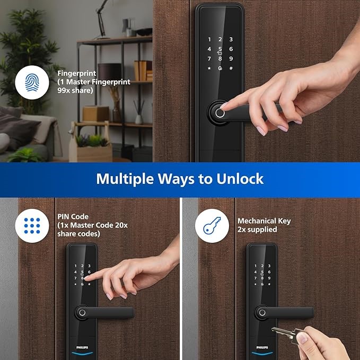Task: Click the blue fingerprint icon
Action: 32,82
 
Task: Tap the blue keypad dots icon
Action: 32,226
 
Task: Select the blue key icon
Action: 212,226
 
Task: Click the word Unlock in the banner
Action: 240,179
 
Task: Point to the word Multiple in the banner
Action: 125,179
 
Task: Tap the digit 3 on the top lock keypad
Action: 231,39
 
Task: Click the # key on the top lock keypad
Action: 231,68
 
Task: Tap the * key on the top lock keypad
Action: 209,68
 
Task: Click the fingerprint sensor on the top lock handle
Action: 219,113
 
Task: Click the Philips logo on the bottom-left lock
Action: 82,347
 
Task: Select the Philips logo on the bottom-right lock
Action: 262,347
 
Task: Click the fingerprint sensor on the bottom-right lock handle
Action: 262,312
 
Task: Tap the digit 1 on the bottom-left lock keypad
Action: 75,266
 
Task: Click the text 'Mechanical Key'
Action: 264,221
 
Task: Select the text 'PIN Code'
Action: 73,216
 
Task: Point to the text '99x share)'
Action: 75,90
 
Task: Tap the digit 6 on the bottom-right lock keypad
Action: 269,272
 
